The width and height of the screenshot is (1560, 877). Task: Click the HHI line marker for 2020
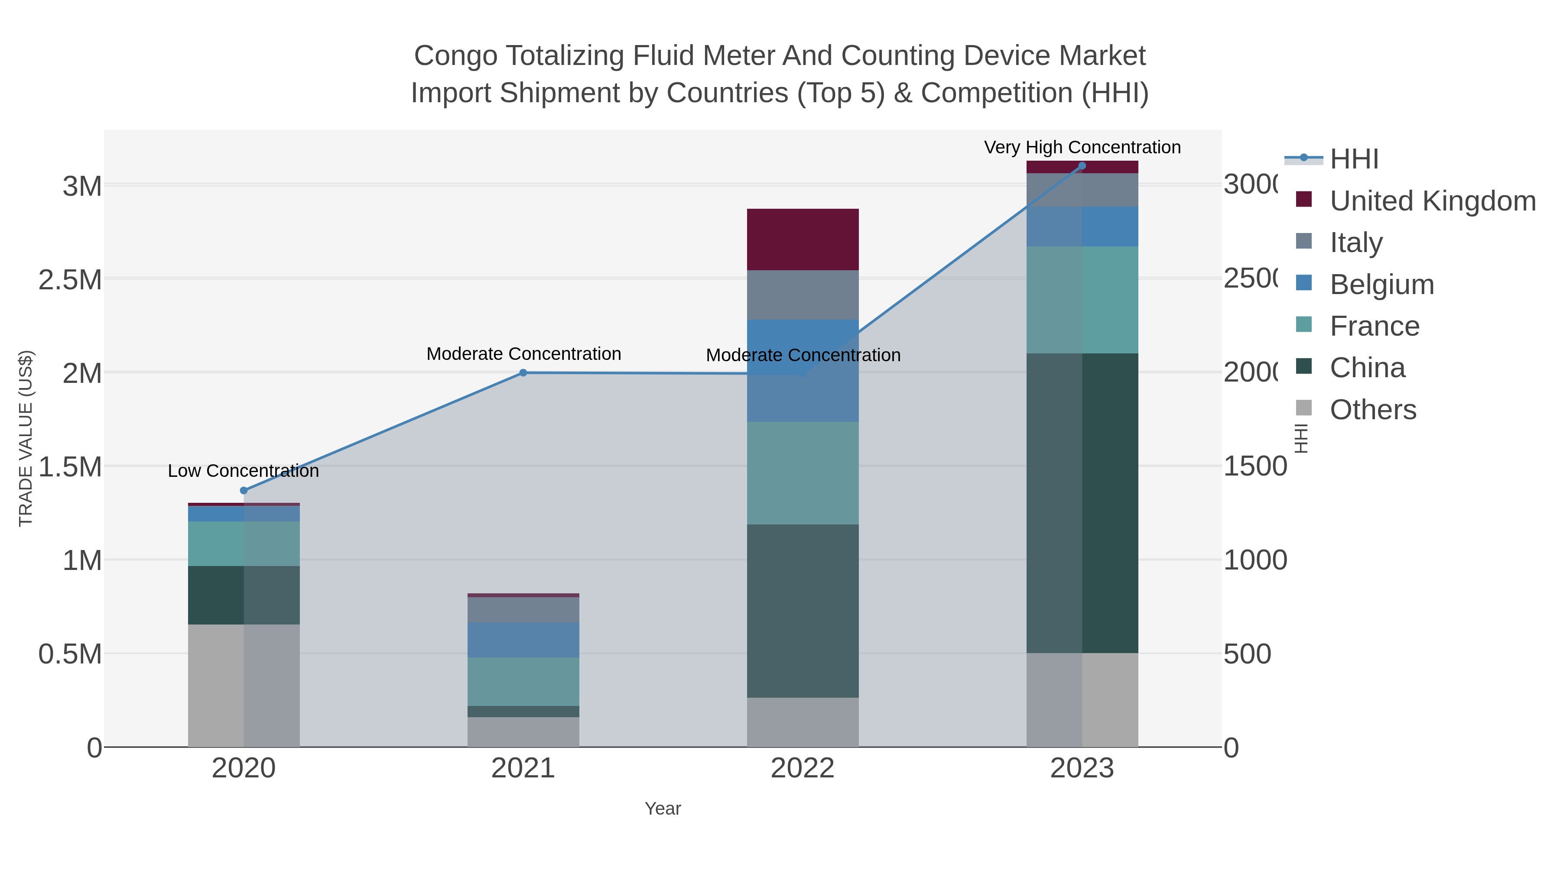[244, 491]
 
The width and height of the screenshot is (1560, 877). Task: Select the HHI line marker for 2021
[523, 373]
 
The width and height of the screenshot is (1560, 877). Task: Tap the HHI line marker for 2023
[1082, 166]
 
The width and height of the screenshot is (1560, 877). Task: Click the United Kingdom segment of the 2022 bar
[803, 239]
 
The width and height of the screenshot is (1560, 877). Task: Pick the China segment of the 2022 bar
[803, 611]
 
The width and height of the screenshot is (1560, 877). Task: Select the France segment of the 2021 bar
[523, 682]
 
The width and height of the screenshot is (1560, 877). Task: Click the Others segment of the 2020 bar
[244, 685]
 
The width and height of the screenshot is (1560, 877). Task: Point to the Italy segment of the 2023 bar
[1082, 190]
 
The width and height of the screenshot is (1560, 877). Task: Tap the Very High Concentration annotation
[1082, 148]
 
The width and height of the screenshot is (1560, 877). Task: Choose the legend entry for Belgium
[1381, 285]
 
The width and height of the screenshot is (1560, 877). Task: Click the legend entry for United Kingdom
[1432, 201]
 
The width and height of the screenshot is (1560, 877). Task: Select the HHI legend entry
[1354, 159]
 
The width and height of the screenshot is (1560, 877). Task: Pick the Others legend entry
[1372, 410]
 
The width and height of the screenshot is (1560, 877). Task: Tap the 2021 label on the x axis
[523, 769]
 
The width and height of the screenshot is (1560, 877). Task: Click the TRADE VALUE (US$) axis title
[26, 438]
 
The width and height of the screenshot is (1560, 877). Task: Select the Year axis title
[663, 809]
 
